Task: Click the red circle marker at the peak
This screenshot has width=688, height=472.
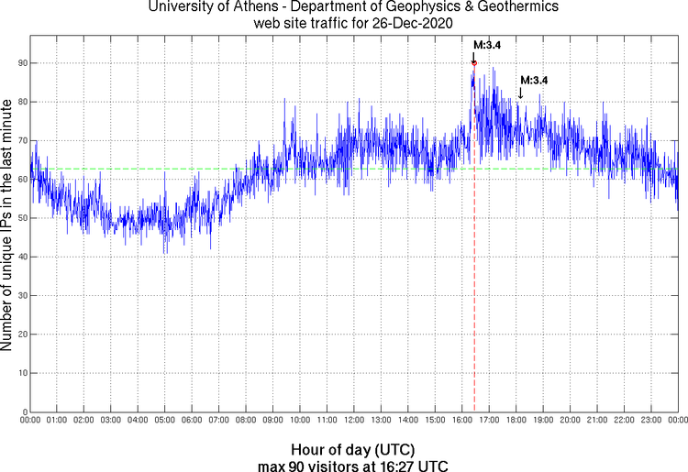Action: click(x=473, y=62)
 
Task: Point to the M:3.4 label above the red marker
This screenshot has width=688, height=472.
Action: click(x=486, y=44)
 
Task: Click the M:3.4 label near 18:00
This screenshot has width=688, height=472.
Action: click(x=534, y=81)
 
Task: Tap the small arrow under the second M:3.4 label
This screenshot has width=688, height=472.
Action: click(x=520, y=93)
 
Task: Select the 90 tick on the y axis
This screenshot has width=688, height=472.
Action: click(x=19, y=63)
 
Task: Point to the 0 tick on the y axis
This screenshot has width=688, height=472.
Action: click(x=22, y=412)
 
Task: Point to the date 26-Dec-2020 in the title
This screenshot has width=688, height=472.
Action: click(x=405, y=23)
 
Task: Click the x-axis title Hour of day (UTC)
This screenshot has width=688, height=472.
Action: click(x=352, y=450)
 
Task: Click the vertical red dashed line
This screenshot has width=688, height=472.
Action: click(x=473, y=275)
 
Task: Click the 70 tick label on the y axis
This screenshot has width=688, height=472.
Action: click(x=19, y=140)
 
